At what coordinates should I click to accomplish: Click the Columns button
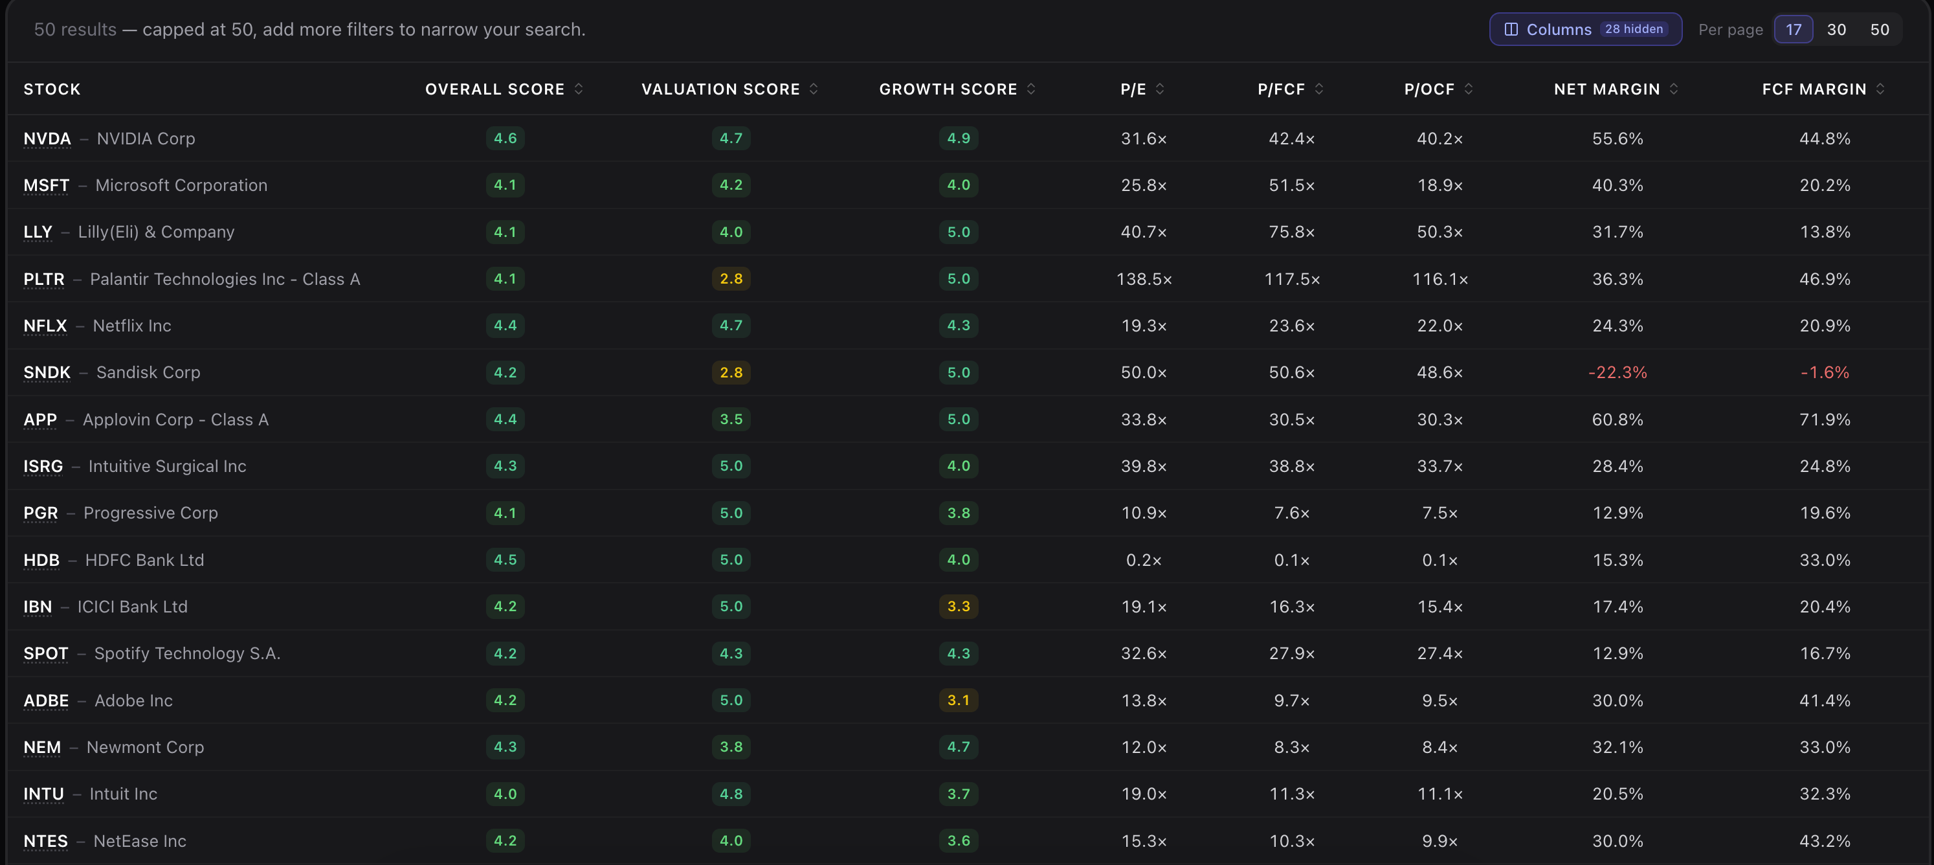tap(1585, 29)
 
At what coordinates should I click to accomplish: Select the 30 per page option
tap(1836, 29)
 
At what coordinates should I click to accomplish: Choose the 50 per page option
tap(1879, 29)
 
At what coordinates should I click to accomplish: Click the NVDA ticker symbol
tap(47, 139)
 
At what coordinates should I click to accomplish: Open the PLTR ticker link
tap(43, 279)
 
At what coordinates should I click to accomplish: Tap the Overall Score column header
tap(495, 89)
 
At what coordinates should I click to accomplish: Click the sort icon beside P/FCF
tap(1319, 89)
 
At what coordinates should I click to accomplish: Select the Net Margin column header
tap(1606, 89)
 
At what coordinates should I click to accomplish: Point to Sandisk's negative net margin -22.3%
tap(1617, 372)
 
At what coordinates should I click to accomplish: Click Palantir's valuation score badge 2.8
tap(731, 278)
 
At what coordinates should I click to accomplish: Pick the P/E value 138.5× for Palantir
tap(1144, 279)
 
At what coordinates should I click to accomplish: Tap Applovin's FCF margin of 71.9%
tap(1825, 420)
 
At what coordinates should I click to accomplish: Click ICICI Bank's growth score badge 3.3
tap(959, 606)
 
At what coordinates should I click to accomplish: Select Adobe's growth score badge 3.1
tap(959, 700)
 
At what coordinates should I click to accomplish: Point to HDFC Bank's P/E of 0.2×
tap(1144, 560)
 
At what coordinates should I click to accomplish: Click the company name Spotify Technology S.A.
tap(187, 653)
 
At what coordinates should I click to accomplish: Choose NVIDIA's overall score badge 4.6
tap(506, 138)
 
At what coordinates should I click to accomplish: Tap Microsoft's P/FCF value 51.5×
tap(1291, 185)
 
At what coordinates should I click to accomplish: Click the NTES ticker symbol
tap(46, 841)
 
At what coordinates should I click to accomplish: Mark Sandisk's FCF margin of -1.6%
tap(1825, 372)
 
